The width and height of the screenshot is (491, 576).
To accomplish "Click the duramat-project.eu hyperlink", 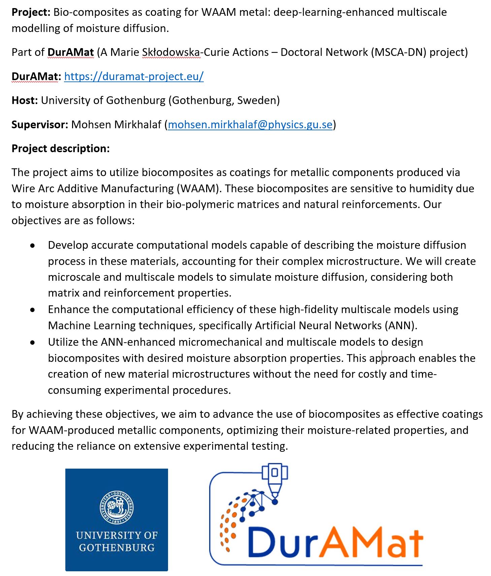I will click(x=134, y=76).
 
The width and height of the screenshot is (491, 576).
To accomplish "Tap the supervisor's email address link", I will click(x=250, y=125).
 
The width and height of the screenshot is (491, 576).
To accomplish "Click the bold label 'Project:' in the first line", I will click(x=31, y=12).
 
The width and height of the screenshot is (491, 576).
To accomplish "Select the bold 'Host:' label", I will click(x=25, y=100).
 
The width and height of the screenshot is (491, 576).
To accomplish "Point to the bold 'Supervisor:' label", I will click(x=40, y=125).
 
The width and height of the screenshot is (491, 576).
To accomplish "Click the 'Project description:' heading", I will click(x=61, y=148).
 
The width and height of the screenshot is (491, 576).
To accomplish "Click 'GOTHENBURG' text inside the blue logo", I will click(x=117, y=548).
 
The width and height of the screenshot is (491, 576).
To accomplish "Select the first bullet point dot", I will click(x=32, y=246).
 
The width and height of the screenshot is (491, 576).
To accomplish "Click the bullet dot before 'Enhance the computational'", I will click(x=32, y=310).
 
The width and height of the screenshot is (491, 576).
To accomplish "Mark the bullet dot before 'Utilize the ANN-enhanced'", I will click(x=32, y=342).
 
